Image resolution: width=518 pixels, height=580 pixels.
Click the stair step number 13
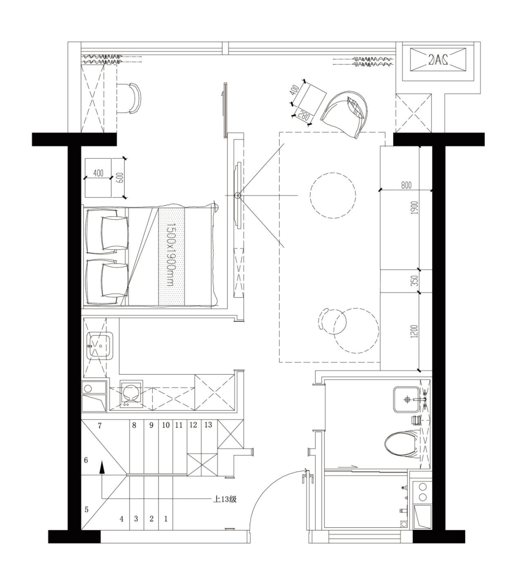pos(208,425)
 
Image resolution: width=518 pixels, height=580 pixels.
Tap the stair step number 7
pos(100,426)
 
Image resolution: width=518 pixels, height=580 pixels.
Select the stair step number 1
pos(165,519)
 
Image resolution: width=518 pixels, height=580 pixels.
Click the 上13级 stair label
pos(225,499)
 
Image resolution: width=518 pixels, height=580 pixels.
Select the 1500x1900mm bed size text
pos(171,255)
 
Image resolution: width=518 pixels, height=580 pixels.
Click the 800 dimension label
pos(406,185)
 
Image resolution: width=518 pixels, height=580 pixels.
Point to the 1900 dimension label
pos(415,208)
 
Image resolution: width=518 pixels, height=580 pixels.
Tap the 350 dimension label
pos(415,281)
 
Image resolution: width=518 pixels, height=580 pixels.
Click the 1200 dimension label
pos(415,331)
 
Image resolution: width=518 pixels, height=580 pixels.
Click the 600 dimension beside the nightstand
pos(120,178)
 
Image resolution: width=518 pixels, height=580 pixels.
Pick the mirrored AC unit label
pos(437,59)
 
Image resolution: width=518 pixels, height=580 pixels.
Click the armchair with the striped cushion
pos(344,115)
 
